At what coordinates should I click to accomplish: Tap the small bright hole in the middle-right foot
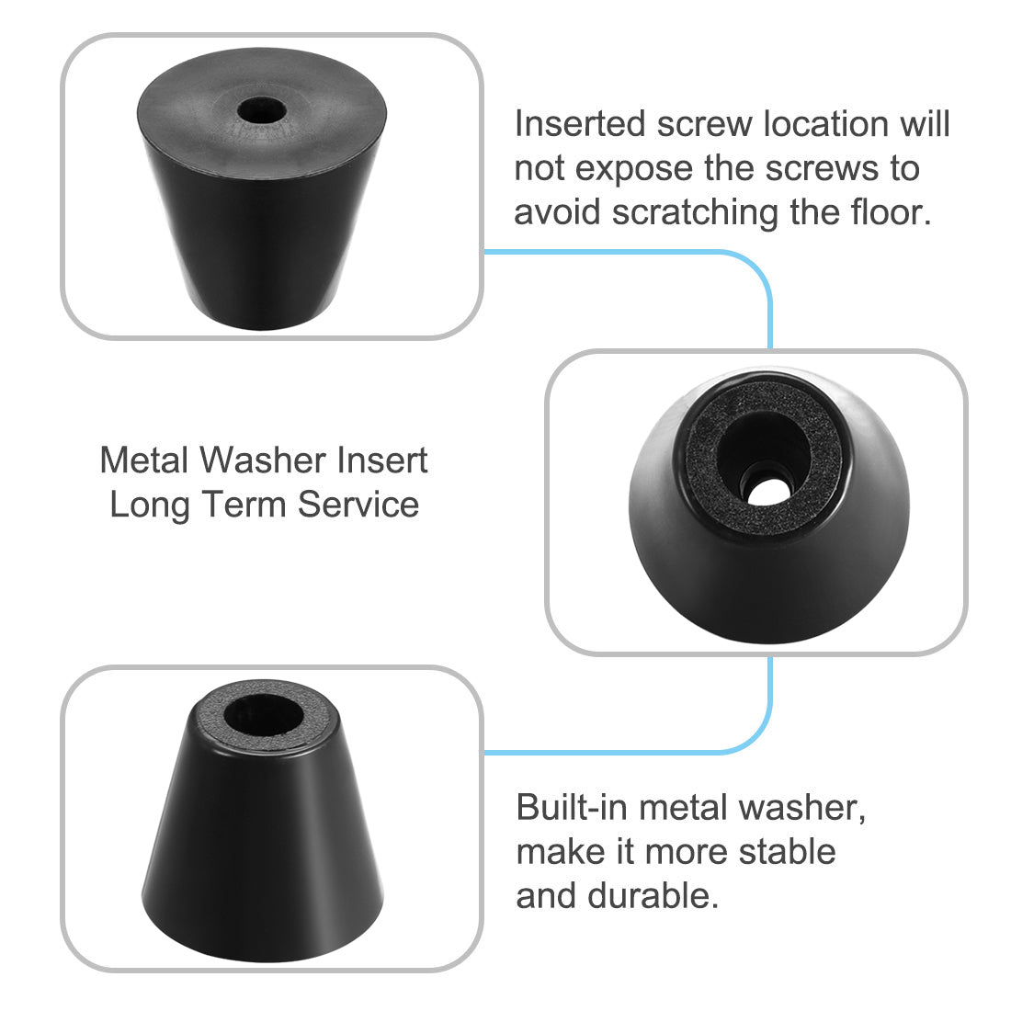tap(765, 489)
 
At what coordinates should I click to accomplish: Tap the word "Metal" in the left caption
tap(142, 460)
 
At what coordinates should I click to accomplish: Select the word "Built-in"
tap(573, 807)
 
